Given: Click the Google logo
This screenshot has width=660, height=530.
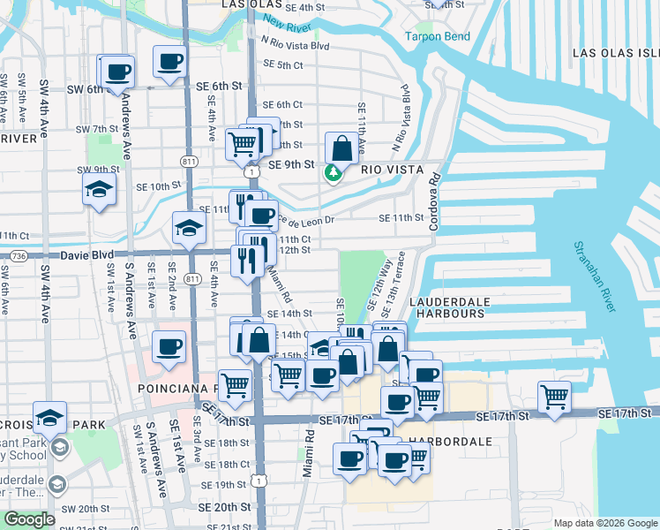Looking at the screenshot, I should pos(28,519).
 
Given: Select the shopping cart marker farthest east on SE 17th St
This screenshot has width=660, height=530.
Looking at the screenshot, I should pos(553,397).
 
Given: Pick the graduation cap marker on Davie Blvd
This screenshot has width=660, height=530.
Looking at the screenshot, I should pos(189,229).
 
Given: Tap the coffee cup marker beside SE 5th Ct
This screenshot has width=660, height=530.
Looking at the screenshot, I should pos(170,62).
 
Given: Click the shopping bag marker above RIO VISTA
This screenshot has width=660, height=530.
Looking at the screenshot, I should pos(341,148).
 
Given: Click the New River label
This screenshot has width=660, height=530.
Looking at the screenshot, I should pos(286,22).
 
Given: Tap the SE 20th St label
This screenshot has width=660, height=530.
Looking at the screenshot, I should pos(224,507).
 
